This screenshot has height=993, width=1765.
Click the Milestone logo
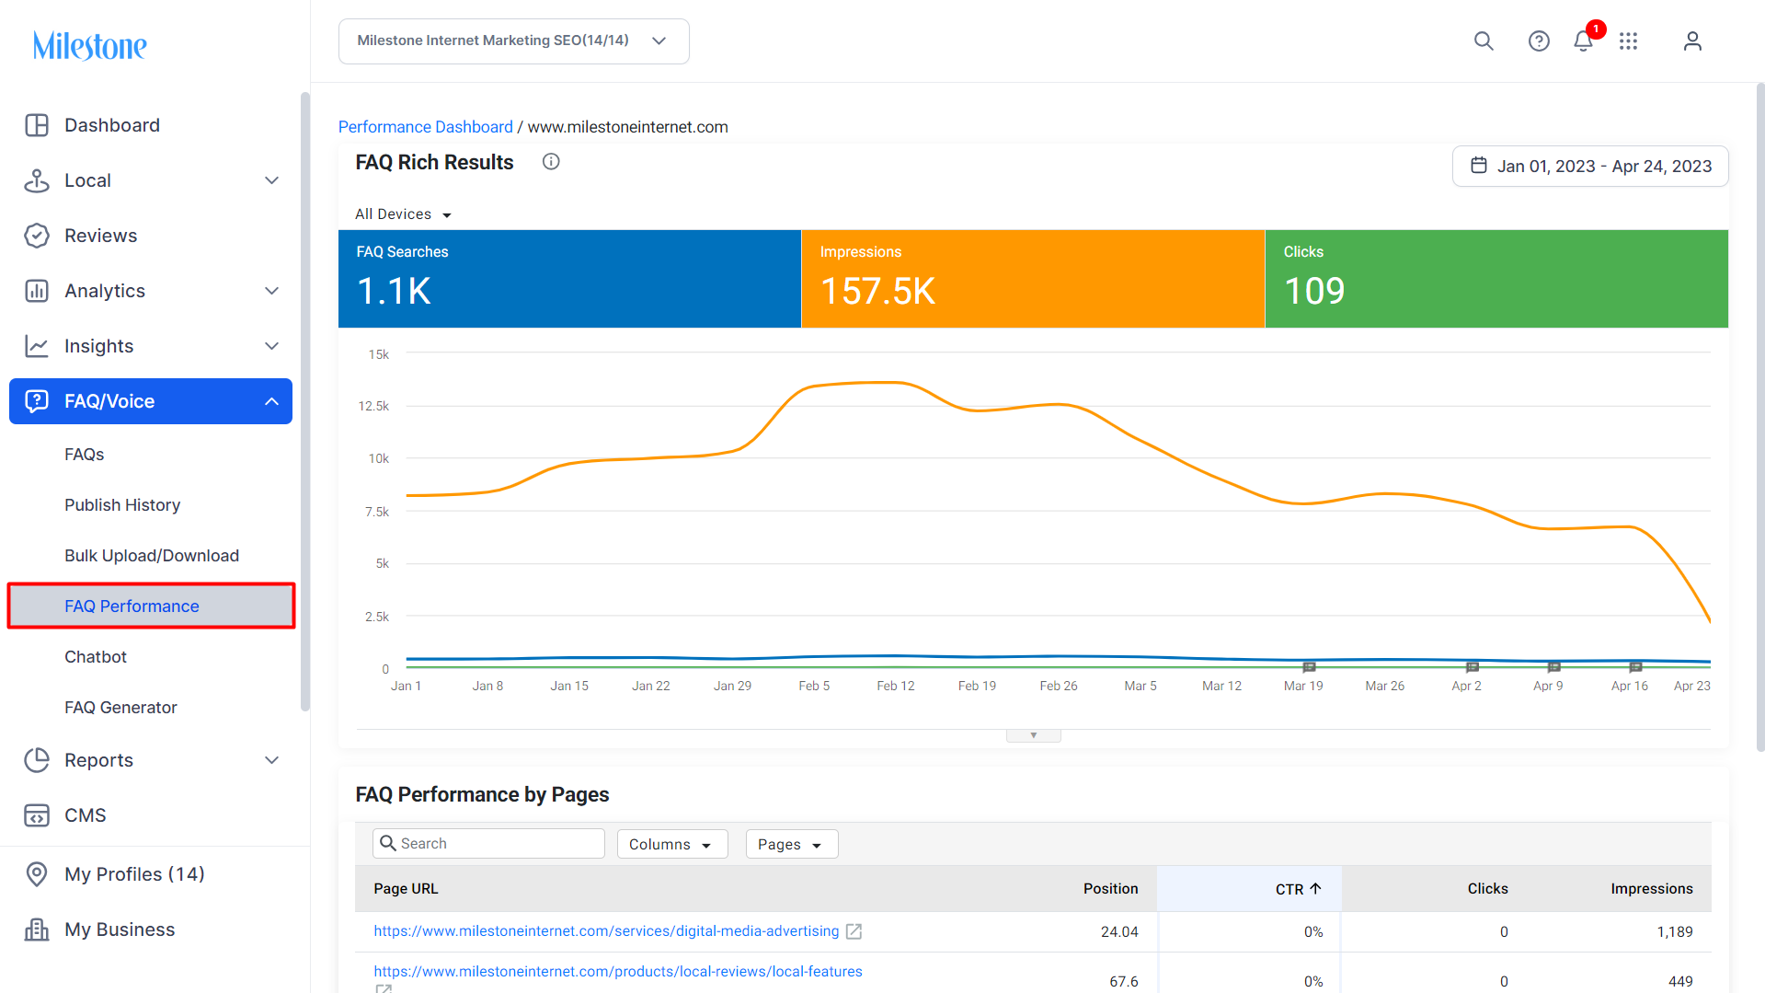(89, 45)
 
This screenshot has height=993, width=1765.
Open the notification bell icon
(1583, 40)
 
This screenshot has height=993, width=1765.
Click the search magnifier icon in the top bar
(1484, 40)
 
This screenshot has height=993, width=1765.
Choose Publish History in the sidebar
(122, 505)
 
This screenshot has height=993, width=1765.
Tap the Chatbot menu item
(96, 657)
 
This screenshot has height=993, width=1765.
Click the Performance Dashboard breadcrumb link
(426, 127)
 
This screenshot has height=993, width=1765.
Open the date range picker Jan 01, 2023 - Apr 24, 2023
(1590, 166)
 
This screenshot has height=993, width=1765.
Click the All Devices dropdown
(403, 214)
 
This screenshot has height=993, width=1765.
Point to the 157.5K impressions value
(877, 291)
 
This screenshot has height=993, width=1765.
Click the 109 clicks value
(1314, 291)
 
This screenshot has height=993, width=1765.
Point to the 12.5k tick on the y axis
(373, 406)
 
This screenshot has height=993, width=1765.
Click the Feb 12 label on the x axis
(896, 686)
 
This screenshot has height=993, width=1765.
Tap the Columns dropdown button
(672, 844)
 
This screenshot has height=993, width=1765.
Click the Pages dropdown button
(791, 844)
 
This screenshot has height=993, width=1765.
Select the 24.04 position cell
(1119, 931)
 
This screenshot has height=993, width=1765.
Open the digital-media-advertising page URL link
(606, 931)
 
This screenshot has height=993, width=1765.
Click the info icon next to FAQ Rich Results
(551, 162)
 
